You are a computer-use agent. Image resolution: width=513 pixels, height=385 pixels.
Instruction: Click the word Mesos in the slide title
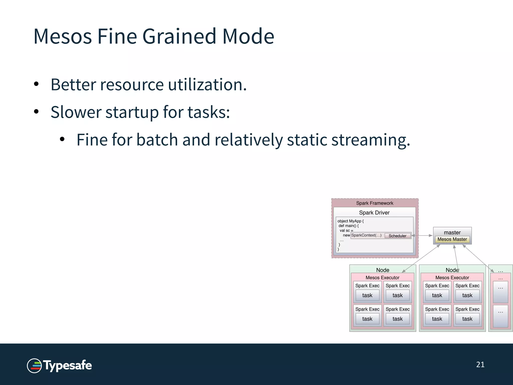63,37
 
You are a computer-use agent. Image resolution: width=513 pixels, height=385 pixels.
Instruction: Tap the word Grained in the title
179,37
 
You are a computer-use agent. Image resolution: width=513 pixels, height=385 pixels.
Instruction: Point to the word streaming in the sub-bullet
371,140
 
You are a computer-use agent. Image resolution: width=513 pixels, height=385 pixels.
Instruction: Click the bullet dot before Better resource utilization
36,84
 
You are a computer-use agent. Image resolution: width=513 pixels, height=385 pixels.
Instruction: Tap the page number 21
480,364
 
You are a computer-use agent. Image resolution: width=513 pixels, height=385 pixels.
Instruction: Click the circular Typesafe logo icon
34,366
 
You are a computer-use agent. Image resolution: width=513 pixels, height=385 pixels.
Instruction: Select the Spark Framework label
374,203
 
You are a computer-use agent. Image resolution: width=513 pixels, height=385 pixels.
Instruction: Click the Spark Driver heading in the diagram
374,213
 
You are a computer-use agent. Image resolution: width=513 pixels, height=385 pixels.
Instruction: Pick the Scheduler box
397,236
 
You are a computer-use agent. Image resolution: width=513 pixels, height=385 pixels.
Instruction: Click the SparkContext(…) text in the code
366,235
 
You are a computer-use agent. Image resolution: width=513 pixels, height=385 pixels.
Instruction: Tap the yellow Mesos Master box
452,239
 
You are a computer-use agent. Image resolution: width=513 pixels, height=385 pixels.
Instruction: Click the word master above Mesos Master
452,232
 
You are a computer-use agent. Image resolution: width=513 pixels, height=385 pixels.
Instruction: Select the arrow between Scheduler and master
422,236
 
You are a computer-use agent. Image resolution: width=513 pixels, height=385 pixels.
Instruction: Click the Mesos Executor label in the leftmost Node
382,277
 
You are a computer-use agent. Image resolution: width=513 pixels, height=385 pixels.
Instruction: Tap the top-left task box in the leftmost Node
367,295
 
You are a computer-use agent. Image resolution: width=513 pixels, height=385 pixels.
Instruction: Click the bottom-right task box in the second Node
467,319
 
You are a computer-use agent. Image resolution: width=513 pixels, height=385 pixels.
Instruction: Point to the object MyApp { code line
350,221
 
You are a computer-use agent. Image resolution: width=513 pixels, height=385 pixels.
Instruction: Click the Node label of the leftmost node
382,270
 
